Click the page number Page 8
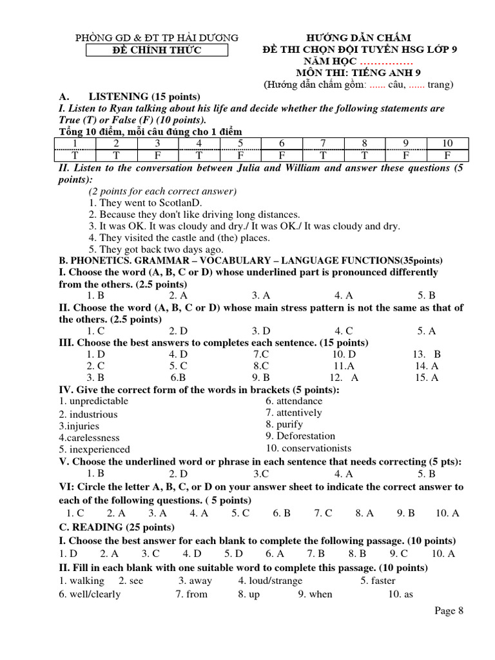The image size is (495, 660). pyautogui.click(x=449, y=611)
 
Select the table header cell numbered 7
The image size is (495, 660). pyautogui.click(x=323, y=143)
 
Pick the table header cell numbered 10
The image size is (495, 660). pyautogui.click(x=447, y=143)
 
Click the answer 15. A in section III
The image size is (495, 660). pyautogui.click(x=426, y=378)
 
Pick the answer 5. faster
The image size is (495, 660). pyautogui.click(x=378, y=581)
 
